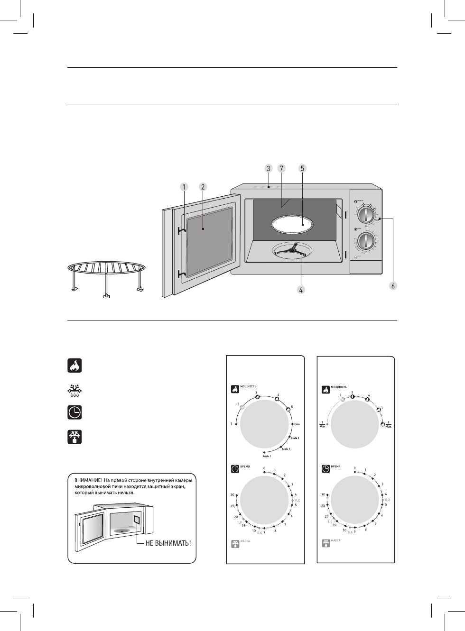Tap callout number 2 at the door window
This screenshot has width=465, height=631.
click(x=203, y=186)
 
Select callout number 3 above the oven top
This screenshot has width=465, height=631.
click(x=268, y=168)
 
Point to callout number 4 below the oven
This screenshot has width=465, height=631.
click(x=301, y=290)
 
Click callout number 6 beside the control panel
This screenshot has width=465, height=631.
click(x=392, y=286)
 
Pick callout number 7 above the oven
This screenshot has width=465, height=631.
click(x=281, y=168)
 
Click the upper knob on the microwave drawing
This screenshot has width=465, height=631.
click(x=365, y=215)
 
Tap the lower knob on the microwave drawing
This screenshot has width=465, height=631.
click(x=365, y=241)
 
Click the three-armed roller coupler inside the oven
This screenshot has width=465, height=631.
click(x=294, y=250)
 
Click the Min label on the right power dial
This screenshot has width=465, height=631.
click(x=322, y=426)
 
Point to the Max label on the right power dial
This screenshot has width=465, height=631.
click(x=389, y=426)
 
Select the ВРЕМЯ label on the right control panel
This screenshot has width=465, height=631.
click(x=336, y=466)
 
